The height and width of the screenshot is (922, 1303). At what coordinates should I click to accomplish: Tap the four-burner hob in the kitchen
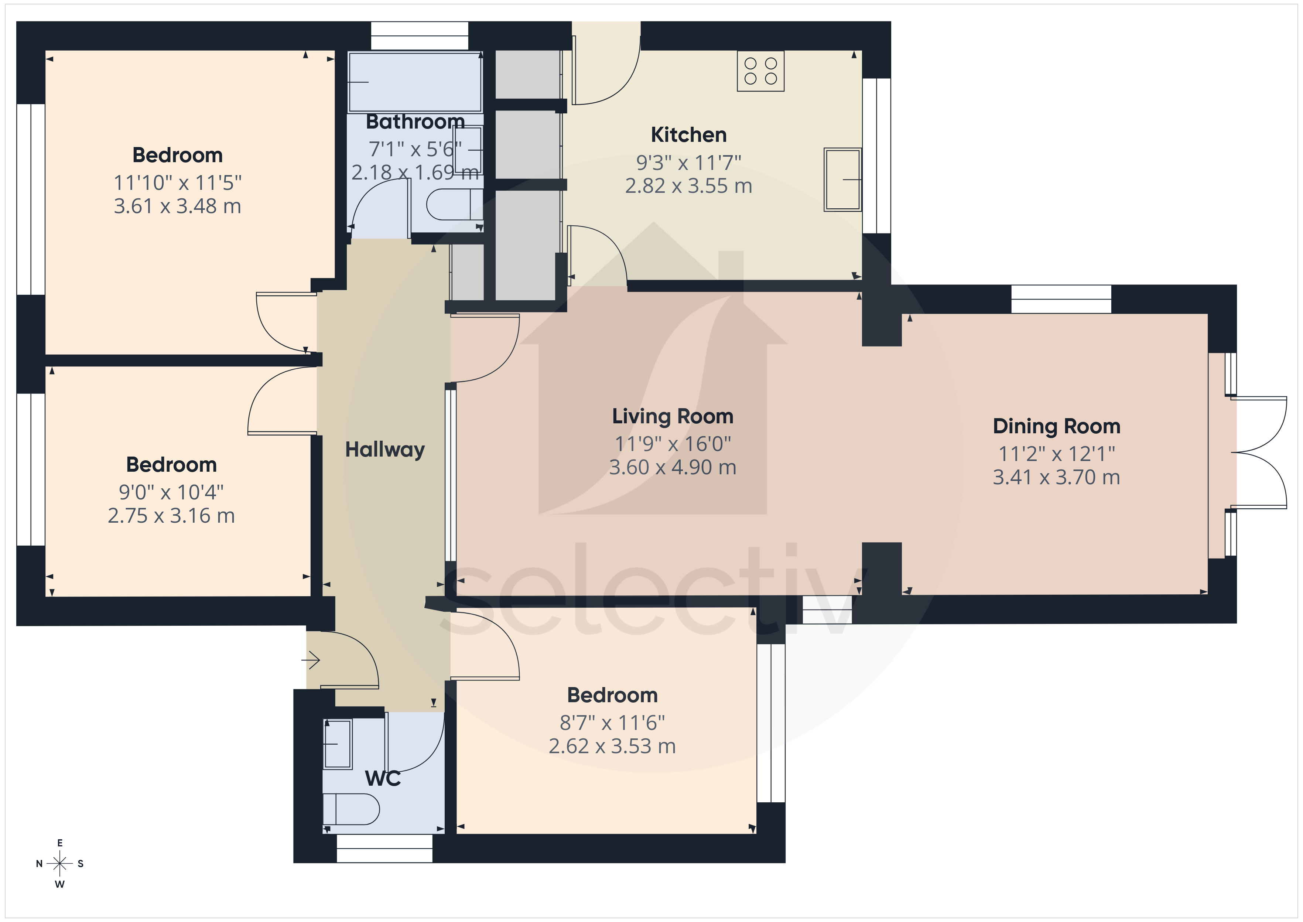tap(760, 71)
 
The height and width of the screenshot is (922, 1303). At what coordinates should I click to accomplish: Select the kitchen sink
tap(843, 180)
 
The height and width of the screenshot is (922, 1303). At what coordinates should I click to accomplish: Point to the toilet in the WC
tap(351, 809)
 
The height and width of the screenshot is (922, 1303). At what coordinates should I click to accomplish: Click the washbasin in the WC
tap(338, 744)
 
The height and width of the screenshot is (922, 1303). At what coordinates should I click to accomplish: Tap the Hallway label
tap(385, 450)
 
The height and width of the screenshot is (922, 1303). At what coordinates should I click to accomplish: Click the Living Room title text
tap(673, 416)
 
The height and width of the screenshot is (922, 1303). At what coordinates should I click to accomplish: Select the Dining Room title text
tap(1056, 426)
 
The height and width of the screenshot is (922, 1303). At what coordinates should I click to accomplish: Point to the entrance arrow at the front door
tap(311, 660)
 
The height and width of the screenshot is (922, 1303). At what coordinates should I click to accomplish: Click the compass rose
tap(59, 864)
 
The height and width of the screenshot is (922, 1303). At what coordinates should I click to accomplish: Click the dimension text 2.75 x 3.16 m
tap(171, 516)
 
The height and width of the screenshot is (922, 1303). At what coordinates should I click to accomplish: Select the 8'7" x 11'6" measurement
tap(612, 723)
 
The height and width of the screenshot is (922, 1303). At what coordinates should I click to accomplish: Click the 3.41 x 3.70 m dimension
tap(1056, 478)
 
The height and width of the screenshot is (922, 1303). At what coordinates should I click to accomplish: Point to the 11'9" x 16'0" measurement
tap(673, 444)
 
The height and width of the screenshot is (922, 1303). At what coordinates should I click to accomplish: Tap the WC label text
tap(383, 778)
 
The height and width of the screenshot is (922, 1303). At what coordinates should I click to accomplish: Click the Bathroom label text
tap(415, 122)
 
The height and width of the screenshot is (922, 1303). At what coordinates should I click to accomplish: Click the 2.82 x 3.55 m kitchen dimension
tap(688, 186)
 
